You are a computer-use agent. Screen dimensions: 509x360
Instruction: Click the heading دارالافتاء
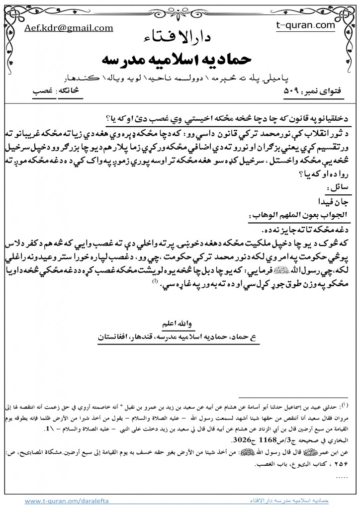point(180,38)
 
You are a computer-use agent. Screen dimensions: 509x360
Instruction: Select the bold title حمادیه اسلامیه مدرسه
point(180,59)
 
